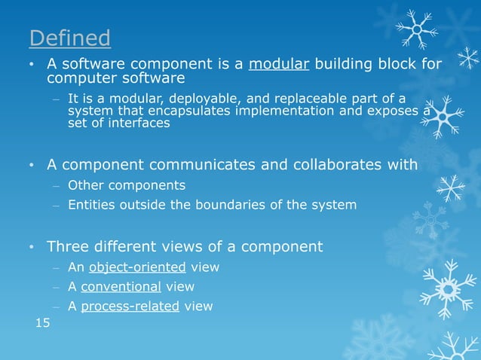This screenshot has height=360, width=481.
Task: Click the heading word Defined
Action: (69, 37)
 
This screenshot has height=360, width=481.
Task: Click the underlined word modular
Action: (279, 63)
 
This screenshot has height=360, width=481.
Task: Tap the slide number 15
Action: (44, 323)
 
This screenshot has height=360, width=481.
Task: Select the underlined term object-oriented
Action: (137, 267)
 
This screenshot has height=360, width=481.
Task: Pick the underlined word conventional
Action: (121, 287)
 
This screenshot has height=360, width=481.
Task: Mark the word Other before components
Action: (84, 185)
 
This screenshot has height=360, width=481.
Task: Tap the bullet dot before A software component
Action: (32, 65)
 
